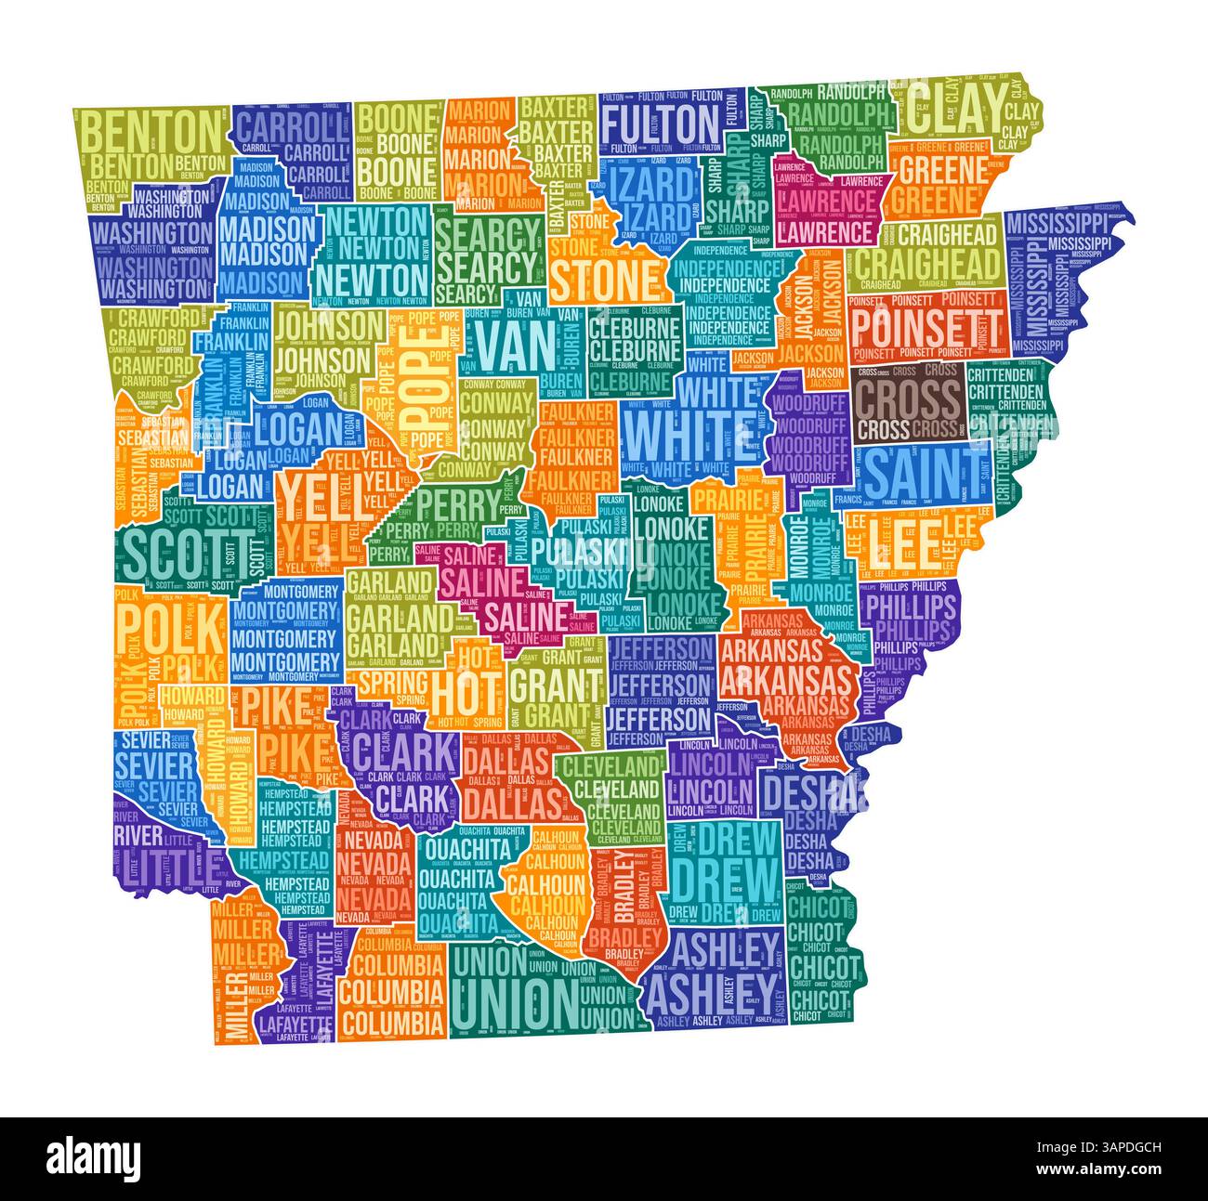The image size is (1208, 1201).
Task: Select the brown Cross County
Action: pyautogui.click(x=906, y=404)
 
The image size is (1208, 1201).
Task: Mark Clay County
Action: pyautogui.click(x=966, y=111)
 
